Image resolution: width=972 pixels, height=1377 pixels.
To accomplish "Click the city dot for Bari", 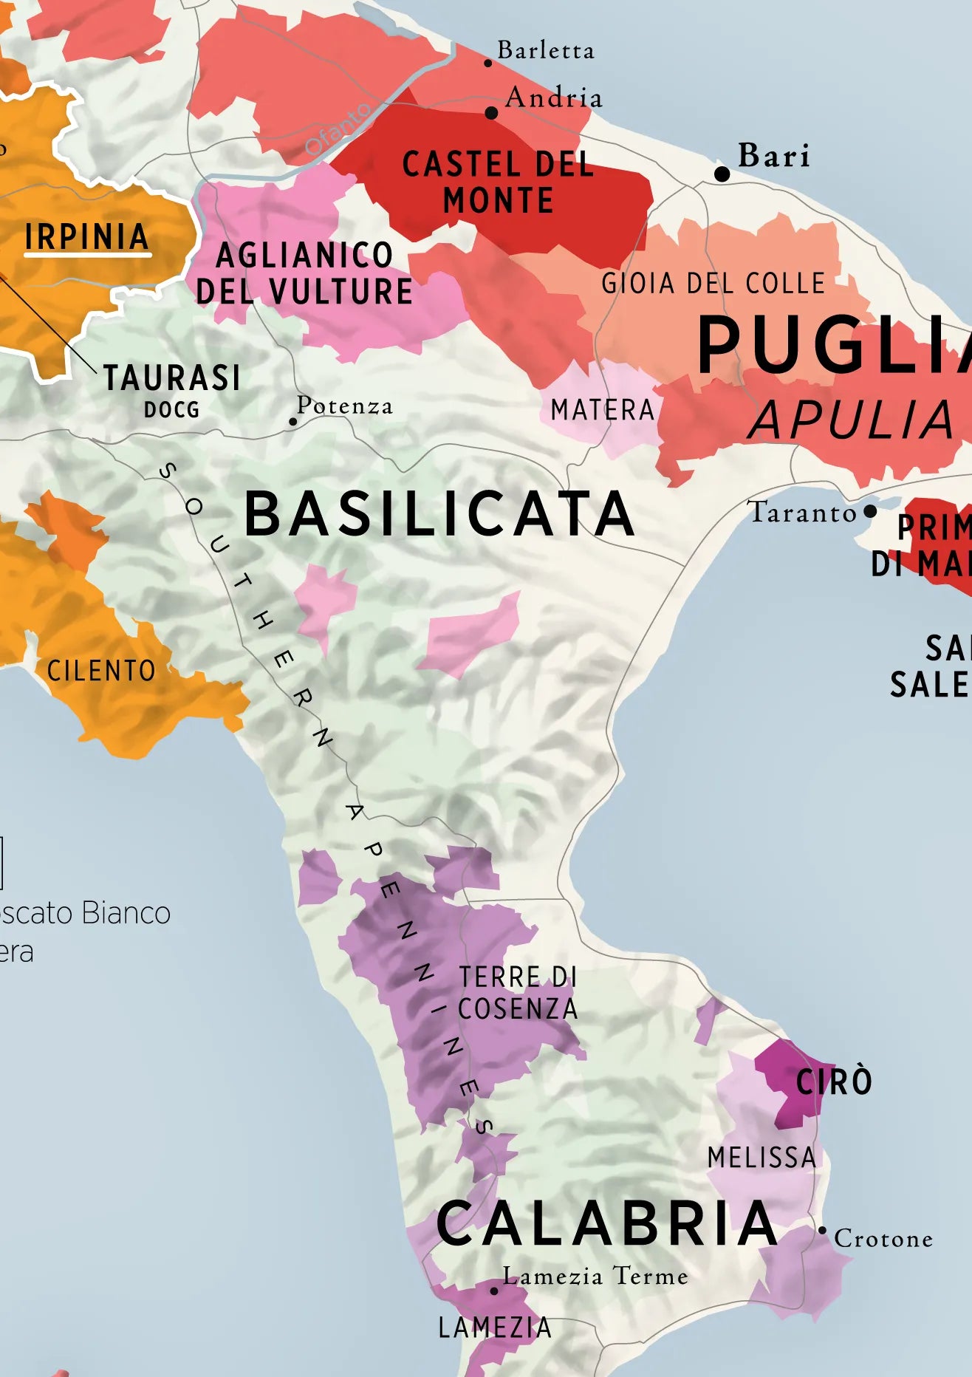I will point(722,174).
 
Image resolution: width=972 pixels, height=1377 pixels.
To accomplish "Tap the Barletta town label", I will point(545,50).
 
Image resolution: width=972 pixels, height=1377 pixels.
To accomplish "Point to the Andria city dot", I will point(491,113).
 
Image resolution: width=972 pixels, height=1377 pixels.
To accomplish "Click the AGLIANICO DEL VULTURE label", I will point(304,273).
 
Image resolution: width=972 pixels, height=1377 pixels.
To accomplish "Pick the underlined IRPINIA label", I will point(86,237).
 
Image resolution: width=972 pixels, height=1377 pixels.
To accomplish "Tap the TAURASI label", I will point(171,378).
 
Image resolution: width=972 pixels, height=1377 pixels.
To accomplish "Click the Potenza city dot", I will point(292,422).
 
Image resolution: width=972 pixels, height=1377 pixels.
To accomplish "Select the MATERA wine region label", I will point(603,410).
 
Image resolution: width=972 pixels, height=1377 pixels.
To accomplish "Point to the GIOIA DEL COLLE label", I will point(713,283).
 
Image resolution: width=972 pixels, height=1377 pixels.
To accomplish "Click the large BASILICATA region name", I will point(439,514).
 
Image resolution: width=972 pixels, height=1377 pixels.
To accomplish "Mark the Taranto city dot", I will point(870,511).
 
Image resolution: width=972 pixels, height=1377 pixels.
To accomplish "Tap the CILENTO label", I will point(101,671).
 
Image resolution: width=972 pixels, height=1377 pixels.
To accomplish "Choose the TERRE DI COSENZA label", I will point(517,993).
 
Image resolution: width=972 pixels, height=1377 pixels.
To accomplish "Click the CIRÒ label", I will point(834,1082).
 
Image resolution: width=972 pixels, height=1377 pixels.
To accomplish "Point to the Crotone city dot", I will point(822,1230).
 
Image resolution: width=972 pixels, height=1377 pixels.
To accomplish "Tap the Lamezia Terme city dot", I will point(494,1291).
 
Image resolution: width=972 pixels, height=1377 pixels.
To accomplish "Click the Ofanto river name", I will point(338,130).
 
